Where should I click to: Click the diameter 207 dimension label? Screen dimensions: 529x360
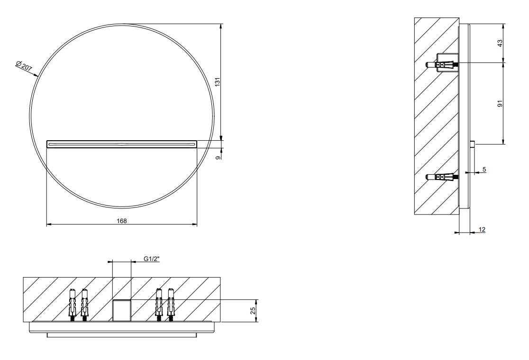point(24,66)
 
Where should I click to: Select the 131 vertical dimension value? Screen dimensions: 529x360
point(218,81)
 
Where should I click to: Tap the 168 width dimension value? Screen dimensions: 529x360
point(122,221)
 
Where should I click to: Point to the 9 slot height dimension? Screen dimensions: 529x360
point(218,157)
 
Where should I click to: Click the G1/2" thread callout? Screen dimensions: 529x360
point(152,259)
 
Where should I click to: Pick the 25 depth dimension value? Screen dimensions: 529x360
point(253,311)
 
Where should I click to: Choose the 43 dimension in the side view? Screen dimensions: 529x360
point(500,43)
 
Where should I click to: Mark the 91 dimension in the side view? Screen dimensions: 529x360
point(500,103)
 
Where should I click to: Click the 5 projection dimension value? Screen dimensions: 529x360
point(484,170)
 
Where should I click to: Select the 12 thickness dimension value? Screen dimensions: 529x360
point(482,230)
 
